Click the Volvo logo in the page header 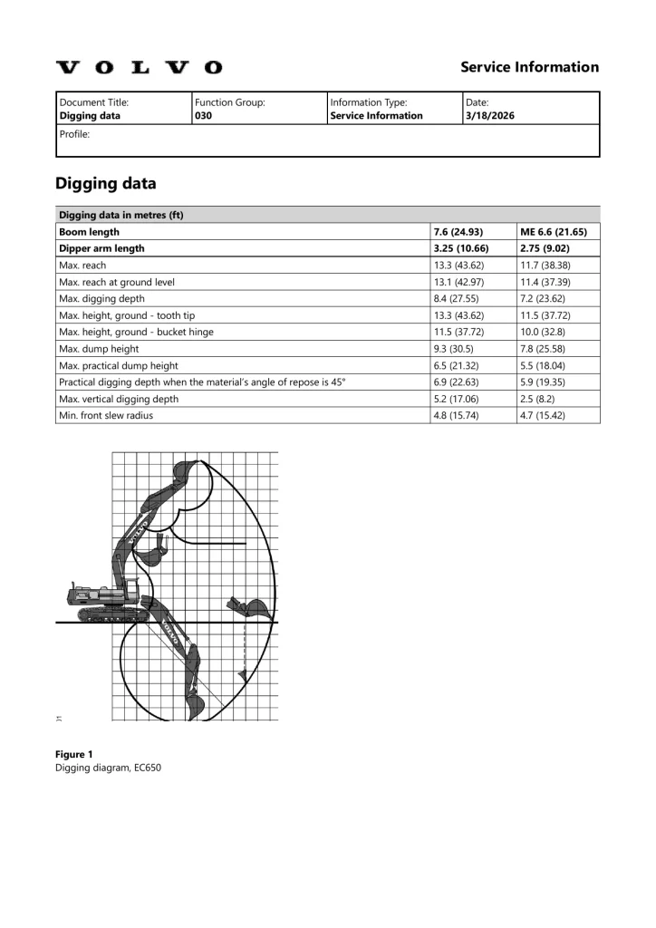139,68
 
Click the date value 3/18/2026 489,116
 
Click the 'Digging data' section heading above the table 105,184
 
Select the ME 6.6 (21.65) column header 553,232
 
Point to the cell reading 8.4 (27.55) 458,298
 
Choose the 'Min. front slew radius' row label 106,415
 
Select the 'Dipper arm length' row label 101,248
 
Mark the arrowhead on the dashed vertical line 243,674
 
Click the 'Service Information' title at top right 529,67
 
